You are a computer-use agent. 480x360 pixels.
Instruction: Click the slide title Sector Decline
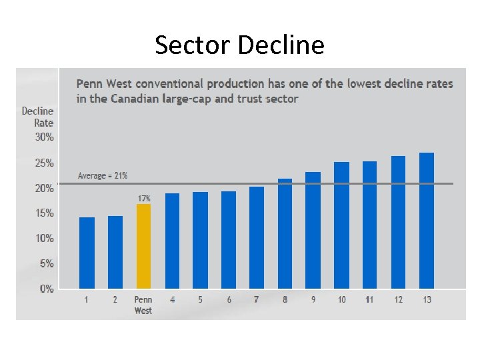pyautogui.click(x=239, y=45)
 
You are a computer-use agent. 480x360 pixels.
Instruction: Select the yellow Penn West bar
pyautogui.click(x=143, y=246)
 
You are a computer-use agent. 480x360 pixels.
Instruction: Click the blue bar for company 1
pyautogui.click(x=87, y=253)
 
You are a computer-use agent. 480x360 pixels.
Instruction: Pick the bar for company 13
pyautogui.click(x=427, y=221)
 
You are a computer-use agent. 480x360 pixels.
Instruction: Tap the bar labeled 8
pyautogui.click(x=285, y=233)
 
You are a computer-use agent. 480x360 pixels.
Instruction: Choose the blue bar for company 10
pyautogui.click(x=341, y=225)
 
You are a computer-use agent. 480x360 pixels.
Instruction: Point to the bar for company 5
pyautogui.click(x=200, y=240)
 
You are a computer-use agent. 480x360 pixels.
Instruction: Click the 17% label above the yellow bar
pyautogui.click(x=144, y=199)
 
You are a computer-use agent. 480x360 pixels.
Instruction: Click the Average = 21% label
pyautogui.click(x=103, y=176)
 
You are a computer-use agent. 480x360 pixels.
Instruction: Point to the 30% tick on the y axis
pyautogui.click(x=45, y=137)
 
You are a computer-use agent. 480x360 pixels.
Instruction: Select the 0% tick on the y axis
pyautogui.click(x=47, y=289)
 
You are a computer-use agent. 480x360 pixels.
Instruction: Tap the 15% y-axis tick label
pyautogui.click(x=45, y=213)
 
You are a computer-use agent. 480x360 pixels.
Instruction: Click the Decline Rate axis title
pyautogui.click(x=38, y=117)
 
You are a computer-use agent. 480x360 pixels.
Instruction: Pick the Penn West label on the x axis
pyautogui.click(x=143, y=305)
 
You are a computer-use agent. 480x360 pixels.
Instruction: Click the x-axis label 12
pyautogui.click(x=398, y=300)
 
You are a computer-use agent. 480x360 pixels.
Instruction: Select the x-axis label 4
pyautogui.click(x=172, y=300)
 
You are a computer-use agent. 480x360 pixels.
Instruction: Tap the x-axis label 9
pyautogui.click(x=313, y=300)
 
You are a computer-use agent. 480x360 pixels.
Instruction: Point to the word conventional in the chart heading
pyautogui.click(x=171, y=84)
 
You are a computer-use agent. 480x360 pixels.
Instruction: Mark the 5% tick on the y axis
pyautogui.click(x=47, y=264)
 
